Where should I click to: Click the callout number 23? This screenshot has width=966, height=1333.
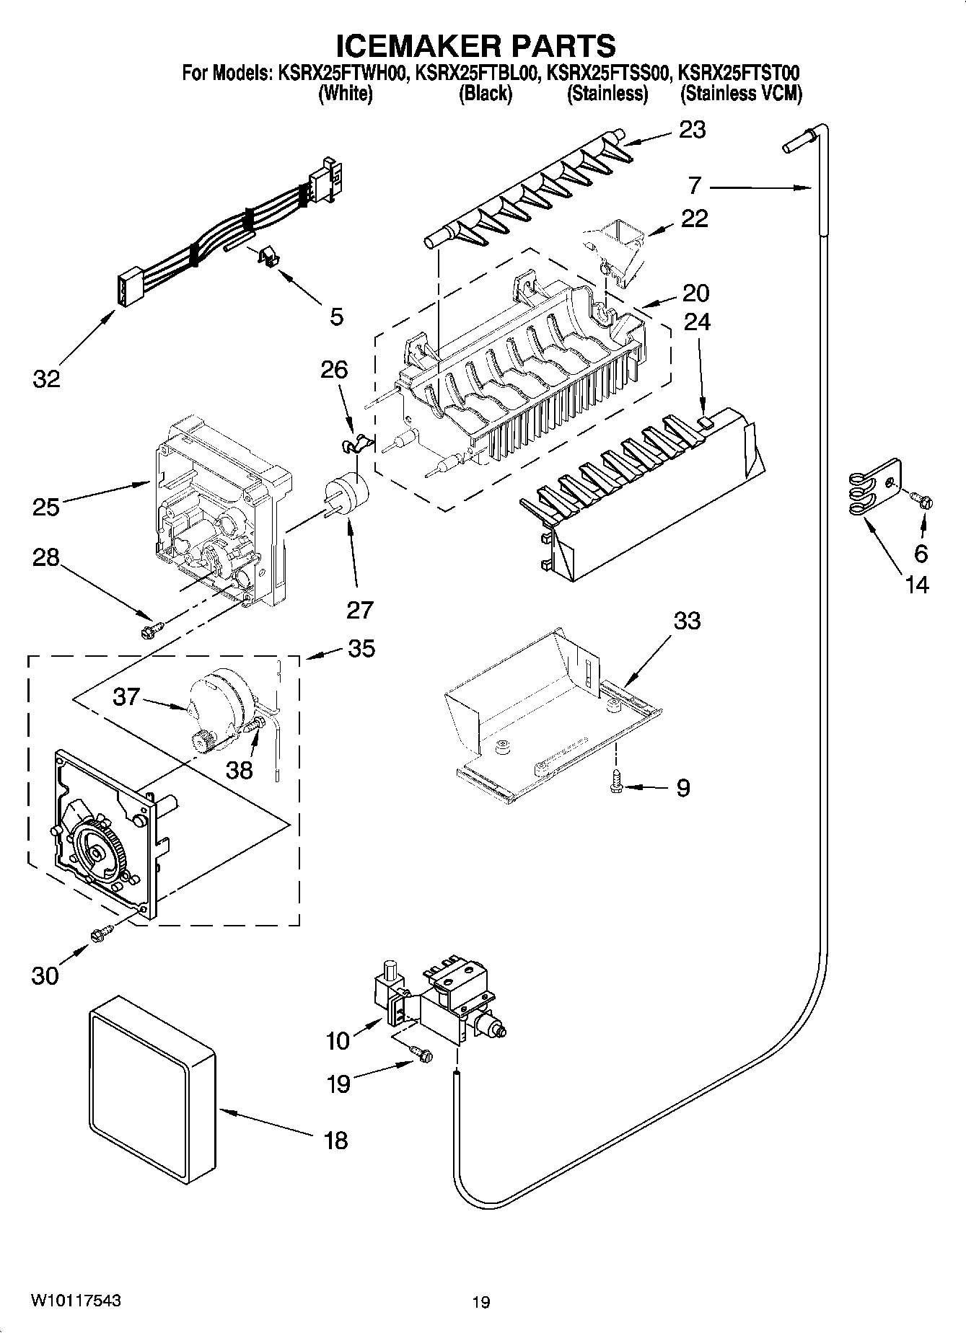click(x=692, y=130)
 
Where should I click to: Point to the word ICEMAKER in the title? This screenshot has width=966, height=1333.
click(x=410, y=45)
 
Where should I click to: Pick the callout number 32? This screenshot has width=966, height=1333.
click(x=46, y=378)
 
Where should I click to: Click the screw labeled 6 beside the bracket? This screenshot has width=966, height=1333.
click(x=923, y=498)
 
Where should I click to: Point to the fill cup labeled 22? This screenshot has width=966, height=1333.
click(x=616, y=249)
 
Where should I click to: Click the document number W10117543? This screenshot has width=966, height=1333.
click(x=75, y=1301)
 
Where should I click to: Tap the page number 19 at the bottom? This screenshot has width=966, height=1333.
click(x=481, y=1302)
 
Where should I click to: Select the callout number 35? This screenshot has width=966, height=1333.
click(x=361, y=648)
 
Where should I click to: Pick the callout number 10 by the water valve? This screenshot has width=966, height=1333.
click(x=338, y=1040)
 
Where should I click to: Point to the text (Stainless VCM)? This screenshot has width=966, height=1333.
click(x=741, y=94)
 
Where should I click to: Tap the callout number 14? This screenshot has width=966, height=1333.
click(x=917, y=584)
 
